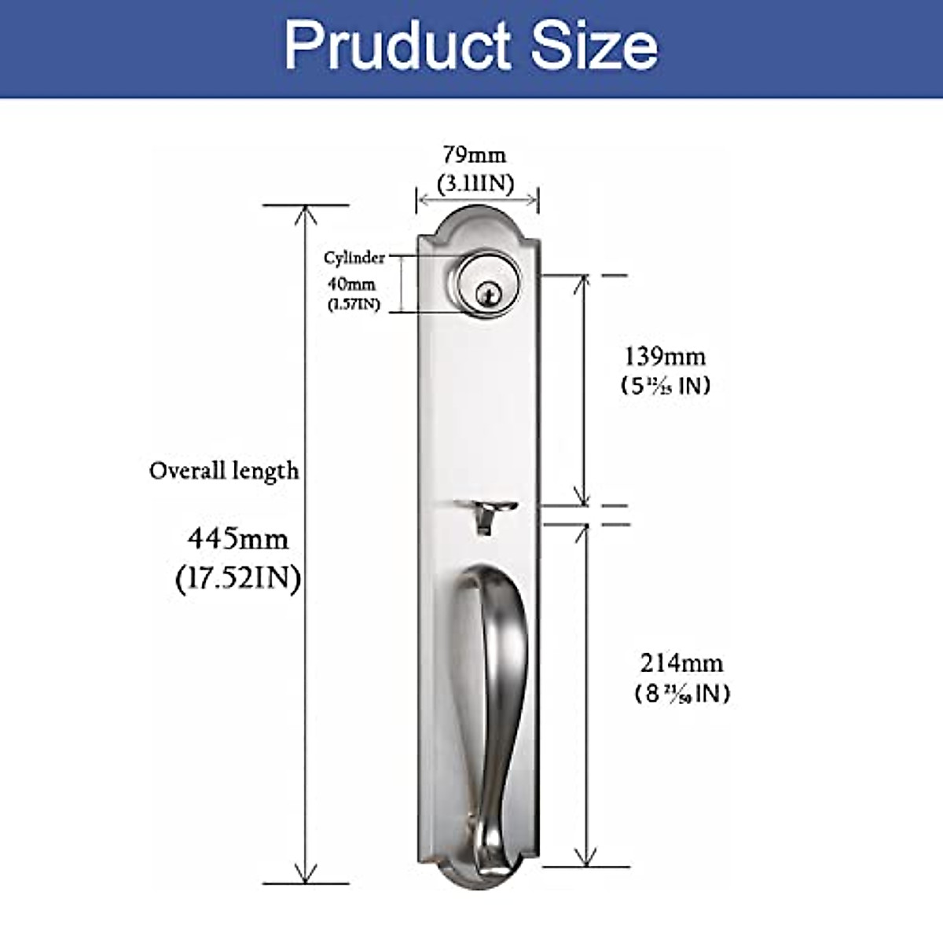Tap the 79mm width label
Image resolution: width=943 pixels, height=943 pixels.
pyautogui.click(x=475, y=154)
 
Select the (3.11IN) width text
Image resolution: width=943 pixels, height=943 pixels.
pyautogui.click(x=476, y=184)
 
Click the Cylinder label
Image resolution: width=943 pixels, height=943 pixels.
pyautogui.click(x=354, y=258)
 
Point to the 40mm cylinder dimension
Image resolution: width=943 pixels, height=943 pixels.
pyautogui.click(x=351, y=284)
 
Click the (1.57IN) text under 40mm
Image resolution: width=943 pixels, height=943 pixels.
pyautogui.click(x=354, y=304)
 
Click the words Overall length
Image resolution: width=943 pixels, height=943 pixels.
pyautogui.click(x=224, y=471)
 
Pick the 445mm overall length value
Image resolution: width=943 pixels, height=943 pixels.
pyautogui.click(x=237, y=539)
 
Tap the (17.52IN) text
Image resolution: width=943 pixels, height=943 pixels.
pyautogui.click(x=238, y=579)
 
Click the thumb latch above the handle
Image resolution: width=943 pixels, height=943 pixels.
pyautogui.click(x=486, y=515)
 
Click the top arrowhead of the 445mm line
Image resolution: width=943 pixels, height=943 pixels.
pyautogui.click(x=306, y=213)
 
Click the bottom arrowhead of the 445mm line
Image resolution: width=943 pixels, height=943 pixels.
pyautogui.click(x=306, y=875)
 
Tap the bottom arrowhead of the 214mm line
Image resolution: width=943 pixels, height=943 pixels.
pyautogui.click(x=582, y=858)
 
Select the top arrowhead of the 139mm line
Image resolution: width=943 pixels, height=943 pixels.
pyautogui.click(x=582, y=284)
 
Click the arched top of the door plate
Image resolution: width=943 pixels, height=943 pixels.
pyautogui.click(x=476, y=216)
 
